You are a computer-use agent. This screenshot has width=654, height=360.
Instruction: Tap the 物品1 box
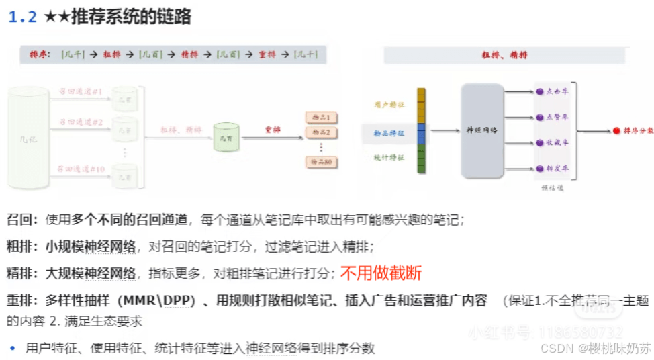[x=321, y=118]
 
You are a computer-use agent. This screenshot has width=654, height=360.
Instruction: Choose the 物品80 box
[x=321, y=162]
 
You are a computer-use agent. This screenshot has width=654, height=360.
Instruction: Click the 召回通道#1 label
[x=80, y=91]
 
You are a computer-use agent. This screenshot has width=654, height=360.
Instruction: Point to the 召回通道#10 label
[x=81, y=169]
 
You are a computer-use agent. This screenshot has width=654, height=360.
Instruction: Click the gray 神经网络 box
[x=481, y=130]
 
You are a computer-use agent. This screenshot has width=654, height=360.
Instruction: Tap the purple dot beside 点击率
[x=539, y=91]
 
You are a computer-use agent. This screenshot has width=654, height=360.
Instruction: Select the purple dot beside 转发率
[x=539, y=169]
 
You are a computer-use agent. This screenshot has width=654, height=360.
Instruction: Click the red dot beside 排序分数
[x=616, y=130]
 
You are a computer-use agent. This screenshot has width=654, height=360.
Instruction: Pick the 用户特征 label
[x=389, y=105]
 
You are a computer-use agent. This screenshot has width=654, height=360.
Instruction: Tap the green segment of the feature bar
[x=421, y=159]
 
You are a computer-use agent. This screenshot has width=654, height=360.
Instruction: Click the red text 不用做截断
[x=381, y=273]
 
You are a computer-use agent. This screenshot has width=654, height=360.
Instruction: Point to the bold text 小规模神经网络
[x=91, y=246]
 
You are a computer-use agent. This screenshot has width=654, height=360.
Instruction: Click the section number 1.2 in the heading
[x=22, y=17]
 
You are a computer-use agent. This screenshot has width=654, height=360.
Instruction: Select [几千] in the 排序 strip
[x=73, y=55]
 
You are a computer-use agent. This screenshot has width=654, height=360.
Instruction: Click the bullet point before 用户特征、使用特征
[x=12, y=348]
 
